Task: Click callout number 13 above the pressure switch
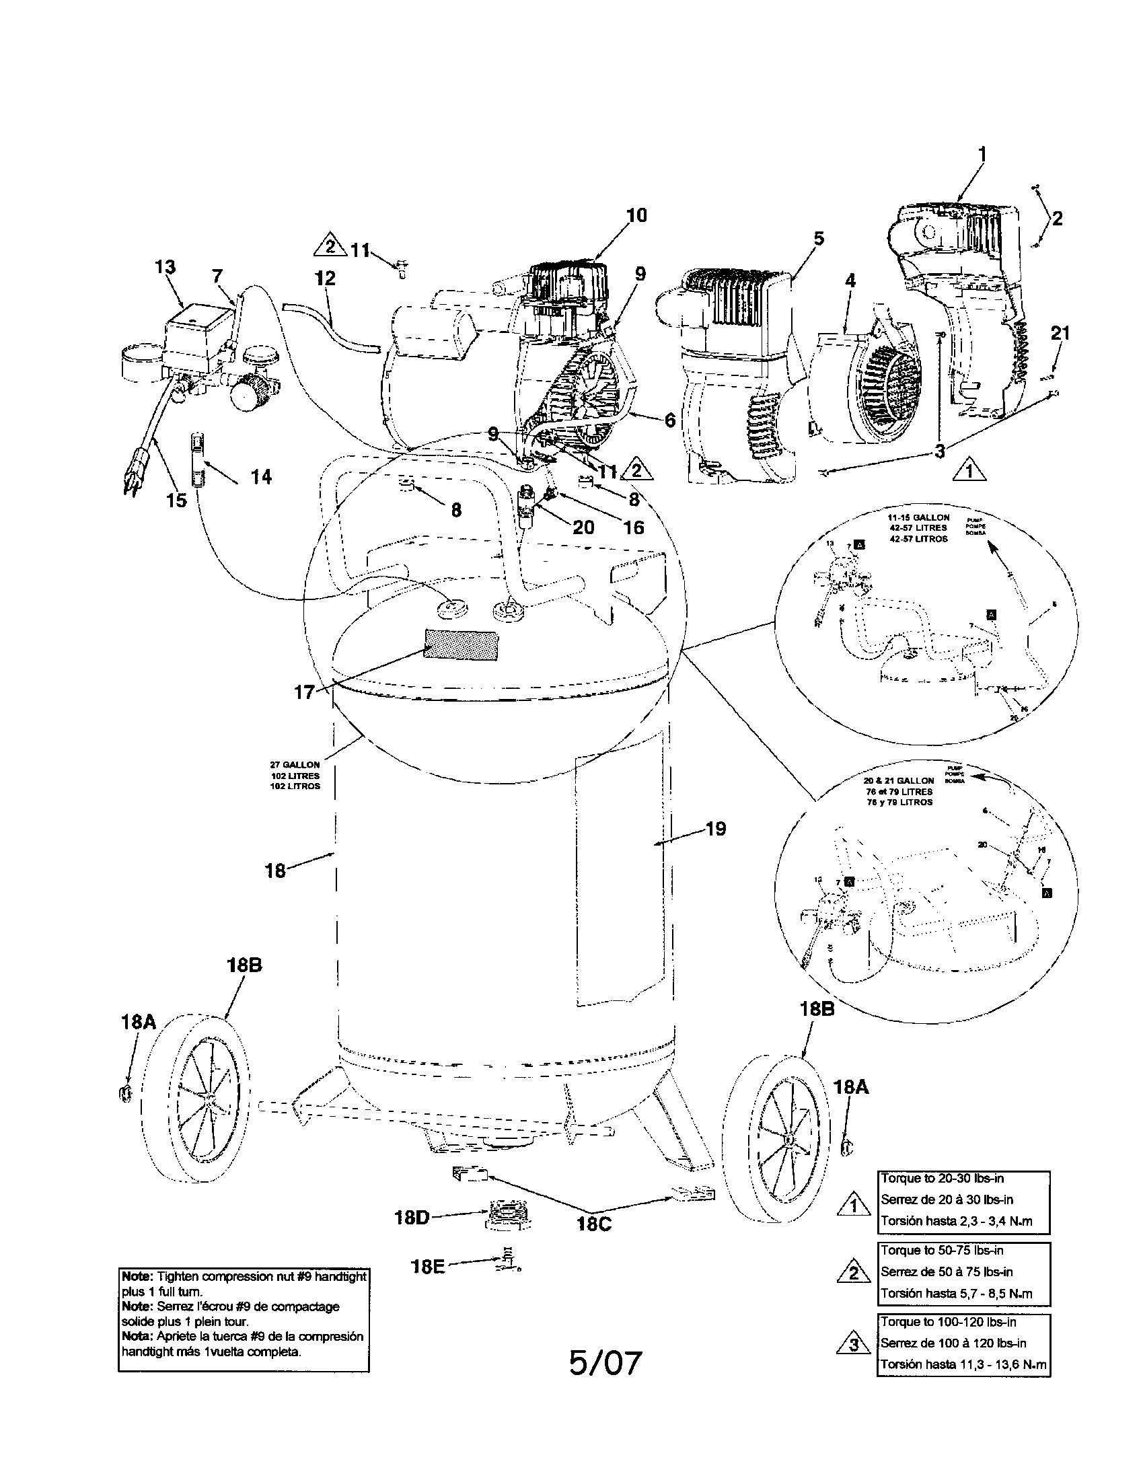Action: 165,267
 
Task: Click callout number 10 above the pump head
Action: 636,215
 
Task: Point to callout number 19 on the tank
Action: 716,828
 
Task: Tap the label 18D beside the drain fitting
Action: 412,1218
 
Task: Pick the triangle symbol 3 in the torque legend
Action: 854,1343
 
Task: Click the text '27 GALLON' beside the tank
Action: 295,764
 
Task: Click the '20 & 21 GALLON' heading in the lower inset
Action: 903,780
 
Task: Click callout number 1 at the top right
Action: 982,155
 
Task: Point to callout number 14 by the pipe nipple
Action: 261,477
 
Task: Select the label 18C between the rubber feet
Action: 594,1224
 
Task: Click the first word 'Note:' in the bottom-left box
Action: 137,1276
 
